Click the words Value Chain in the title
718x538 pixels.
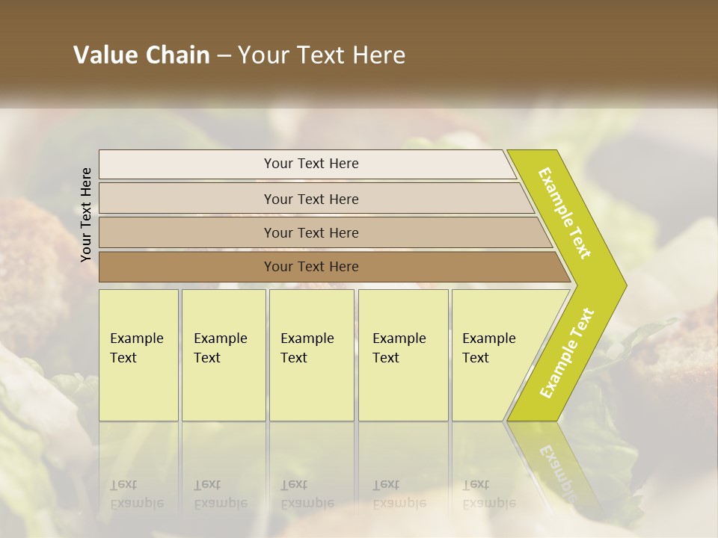[x=141, y=55]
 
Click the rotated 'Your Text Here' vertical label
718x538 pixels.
[x=86, y=214]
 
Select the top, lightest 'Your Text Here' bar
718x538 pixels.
[x=310, y=164]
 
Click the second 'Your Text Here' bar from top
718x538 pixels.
[x=310, y=199]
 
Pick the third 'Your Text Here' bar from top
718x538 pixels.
[x=310, y=232]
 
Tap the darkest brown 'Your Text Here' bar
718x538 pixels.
[x=310, y=267]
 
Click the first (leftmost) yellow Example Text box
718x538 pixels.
[x=138, y=354]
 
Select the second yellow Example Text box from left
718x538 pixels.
[x=223, y=354]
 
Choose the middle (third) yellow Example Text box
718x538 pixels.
[x=311, y=354]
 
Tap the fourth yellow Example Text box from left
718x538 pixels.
[x=402, y=354]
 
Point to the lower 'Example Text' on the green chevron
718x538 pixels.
[x=567, y=353]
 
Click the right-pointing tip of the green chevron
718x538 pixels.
[x=622, y=285]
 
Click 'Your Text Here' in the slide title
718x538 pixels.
[x=322, y=55]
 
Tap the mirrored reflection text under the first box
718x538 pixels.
[x=136, y=494]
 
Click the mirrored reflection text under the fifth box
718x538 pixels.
[x=488, y=494]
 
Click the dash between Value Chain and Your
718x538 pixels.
[x=224, y=56]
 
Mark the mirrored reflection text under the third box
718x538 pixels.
[x=307, y=494]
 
